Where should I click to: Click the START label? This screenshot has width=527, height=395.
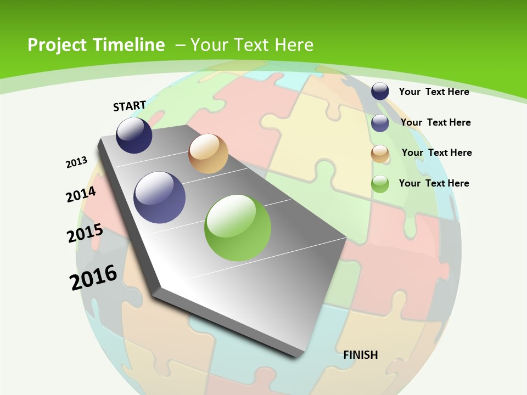click(130, 106)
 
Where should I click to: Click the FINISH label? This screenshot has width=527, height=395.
click(361, 355)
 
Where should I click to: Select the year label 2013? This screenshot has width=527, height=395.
click(76, 162)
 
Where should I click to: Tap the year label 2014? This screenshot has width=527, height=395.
click(81, 195)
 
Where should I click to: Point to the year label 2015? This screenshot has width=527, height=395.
click(85, 233)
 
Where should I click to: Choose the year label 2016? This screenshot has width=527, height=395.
click(93, 278)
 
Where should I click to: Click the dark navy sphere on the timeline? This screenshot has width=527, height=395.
click(134, 136)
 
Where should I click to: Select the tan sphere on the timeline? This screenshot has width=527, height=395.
click(208, 154)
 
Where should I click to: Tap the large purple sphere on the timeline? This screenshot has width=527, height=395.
click(160, 198)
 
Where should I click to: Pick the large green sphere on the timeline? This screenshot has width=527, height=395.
click(238, 228)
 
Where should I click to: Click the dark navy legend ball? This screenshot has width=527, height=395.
click(380, 92)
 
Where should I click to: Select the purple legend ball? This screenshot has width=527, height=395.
click(380, 123)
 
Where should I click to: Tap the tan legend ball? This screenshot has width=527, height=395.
click(380, 154)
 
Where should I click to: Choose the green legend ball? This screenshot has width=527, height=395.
click(380, 184)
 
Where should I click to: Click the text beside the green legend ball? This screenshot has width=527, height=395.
click(434, 183)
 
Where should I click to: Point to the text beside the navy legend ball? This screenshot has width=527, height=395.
click(434, 92)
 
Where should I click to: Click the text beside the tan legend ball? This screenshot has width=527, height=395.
click(436, 153)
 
